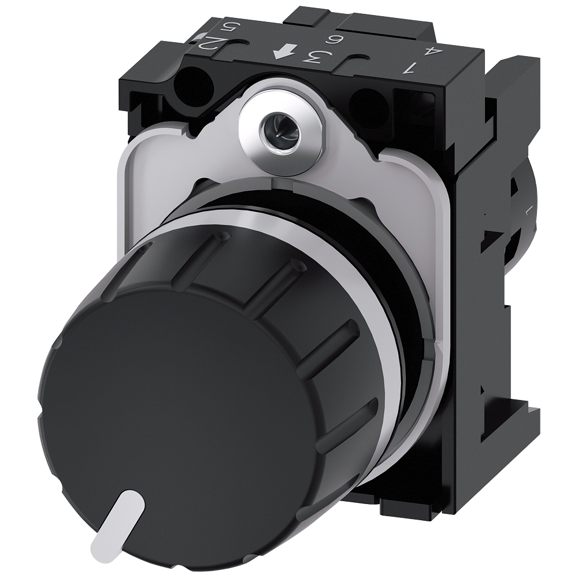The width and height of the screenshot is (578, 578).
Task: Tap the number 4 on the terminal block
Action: coord(429,51)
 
